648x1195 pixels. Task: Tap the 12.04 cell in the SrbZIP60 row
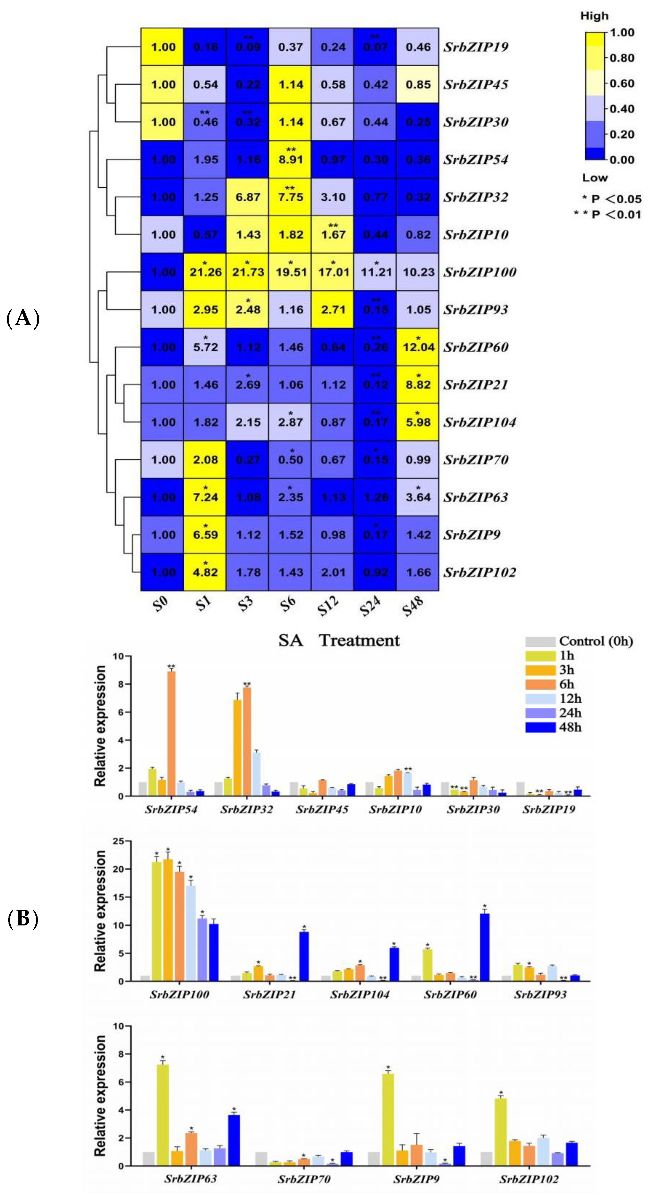(x=418, y=347)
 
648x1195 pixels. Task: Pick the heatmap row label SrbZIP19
(x=476, y=47)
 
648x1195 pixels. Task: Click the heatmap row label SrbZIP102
(x=479, y=572)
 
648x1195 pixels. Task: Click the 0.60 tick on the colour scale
(x=622, y=84)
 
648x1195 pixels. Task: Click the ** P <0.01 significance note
(x=607, y=214)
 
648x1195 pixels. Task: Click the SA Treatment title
(x=339, y=641)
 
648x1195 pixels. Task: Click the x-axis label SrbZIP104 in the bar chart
(x=360, y=994)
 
